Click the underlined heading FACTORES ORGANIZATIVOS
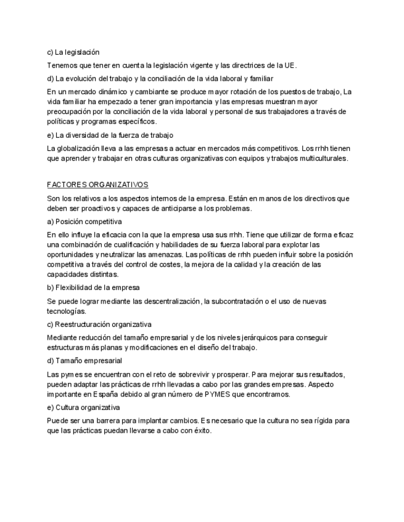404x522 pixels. (x=97, y=185)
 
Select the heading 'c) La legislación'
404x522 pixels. (x=73, y=52)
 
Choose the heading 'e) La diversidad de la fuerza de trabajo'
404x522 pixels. (x=110, y=135)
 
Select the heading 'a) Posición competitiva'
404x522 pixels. (x=85, y=221)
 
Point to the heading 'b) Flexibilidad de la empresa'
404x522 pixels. (x=93, y=287)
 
